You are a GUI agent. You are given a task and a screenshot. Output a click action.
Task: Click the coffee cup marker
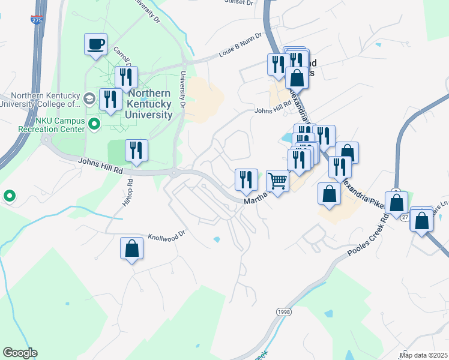(96, 45)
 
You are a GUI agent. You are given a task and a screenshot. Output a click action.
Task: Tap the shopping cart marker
(277, 181)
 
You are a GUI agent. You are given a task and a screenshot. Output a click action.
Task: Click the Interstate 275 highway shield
(36, 20)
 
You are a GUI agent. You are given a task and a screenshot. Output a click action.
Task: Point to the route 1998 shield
(283, 312)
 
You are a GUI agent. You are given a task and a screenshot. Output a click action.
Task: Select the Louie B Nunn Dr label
(241, 46)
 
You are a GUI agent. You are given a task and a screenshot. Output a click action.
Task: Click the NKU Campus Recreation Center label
(42, 125)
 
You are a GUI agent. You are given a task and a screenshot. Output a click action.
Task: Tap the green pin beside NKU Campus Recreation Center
(94, 125)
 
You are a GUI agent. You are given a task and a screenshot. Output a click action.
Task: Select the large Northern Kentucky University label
(149, 104)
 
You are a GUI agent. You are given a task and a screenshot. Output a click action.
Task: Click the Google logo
(20, 353)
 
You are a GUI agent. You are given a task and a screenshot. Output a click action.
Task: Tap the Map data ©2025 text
(423, 355)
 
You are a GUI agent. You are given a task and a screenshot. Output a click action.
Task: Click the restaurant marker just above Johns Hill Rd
(136, 151)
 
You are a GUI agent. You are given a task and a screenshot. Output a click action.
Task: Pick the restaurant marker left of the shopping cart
(246, 179)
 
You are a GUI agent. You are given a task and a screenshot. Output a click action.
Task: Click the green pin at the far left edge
(10, 196)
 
